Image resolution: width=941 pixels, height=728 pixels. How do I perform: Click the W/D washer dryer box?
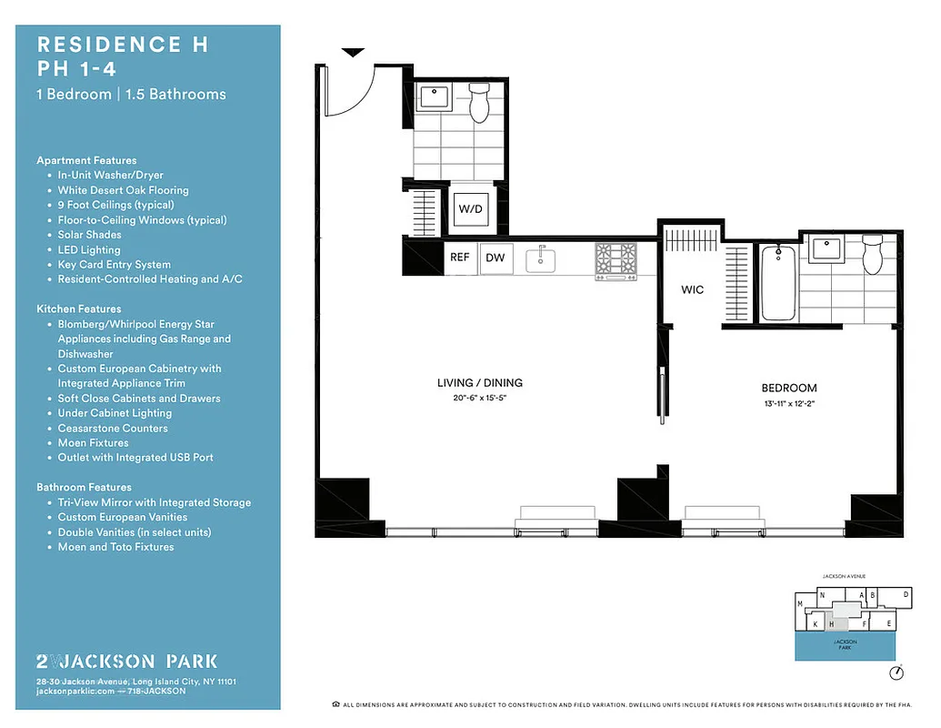470,209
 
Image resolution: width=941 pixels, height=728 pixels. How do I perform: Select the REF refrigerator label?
460,258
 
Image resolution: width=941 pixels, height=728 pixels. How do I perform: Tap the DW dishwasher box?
496,258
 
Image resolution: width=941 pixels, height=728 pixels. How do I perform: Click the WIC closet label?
693,290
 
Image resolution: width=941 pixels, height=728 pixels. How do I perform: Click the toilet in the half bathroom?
479,104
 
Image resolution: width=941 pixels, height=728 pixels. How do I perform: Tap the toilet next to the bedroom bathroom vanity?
873,255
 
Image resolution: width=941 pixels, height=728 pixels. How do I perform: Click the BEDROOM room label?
788,388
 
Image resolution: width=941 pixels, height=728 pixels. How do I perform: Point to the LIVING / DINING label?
479,383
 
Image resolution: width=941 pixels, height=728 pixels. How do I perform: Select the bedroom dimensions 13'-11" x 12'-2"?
788,404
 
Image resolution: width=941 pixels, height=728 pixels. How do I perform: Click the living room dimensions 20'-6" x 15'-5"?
479,398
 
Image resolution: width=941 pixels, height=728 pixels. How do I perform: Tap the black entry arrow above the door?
353,53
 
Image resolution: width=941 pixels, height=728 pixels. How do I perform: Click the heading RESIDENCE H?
123,45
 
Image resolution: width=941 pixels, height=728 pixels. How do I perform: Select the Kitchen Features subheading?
79,309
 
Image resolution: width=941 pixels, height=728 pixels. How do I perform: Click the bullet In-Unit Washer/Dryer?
110,175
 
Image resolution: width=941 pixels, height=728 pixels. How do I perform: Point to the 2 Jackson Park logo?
126,661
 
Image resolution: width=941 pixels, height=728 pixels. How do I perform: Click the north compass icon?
896,672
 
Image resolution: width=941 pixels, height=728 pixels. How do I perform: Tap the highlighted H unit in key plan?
831,624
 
